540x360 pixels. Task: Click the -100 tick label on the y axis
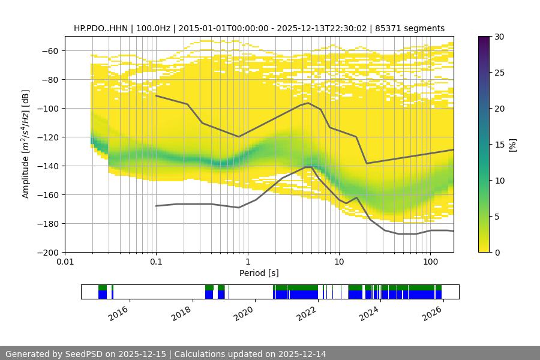(50, 108)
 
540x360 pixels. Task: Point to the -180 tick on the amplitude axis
(50, 223)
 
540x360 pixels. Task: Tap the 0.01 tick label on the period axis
(65, 262)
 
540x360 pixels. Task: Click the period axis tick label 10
(338, 262)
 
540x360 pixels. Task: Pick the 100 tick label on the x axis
(430, 262)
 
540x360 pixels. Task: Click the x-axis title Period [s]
(259, 273)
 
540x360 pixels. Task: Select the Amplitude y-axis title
(26, 144)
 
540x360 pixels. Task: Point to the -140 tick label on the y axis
(50, 166)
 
